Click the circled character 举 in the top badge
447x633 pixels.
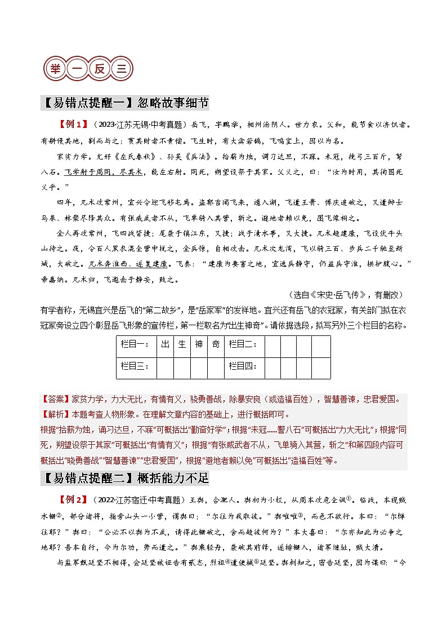[55, 69]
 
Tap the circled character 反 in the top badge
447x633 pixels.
[99, 69]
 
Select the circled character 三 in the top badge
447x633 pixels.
[121, 69]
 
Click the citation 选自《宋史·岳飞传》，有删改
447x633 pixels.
[347, 294]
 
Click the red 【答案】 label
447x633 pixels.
[56, 400]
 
